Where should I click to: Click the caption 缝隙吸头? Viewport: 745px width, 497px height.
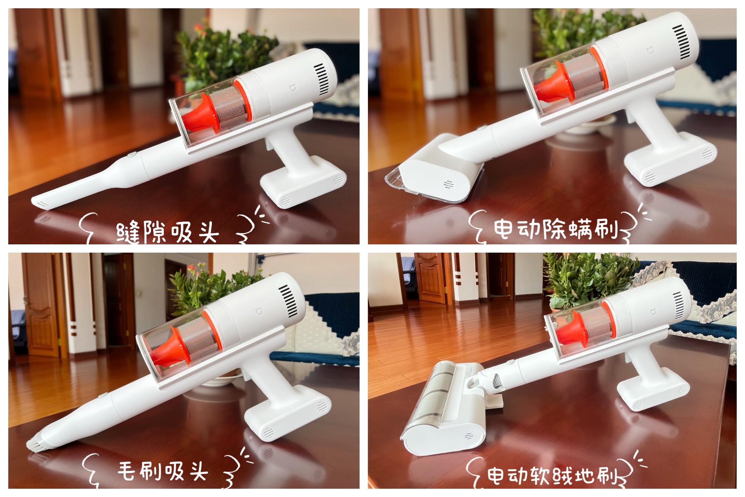coord(168,232)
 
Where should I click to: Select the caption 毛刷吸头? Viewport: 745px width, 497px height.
coord(163,471)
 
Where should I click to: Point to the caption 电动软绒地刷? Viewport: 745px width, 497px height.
coord(553,476)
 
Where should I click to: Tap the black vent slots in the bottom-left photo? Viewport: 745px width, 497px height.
coord(288,300)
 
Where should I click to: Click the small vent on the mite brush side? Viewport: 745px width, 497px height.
coord(448,184)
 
